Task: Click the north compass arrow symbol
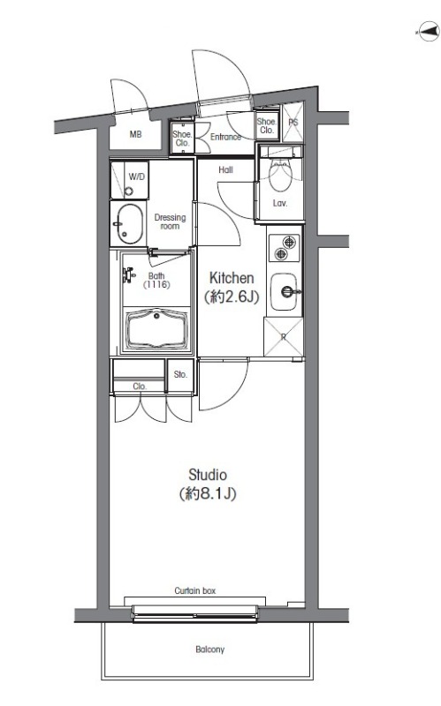(x=427, y=32)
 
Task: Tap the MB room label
(x=136, y=134)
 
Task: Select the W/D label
(x=137, y=176)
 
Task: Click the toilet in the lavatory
(x=280, y=173)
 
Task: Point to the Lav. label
(x=280, y=203)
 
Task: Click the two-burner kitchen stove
(x=285, y=248)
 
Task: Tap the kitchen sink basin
(x=285, y=291)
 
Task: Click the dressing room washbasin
(x=127, y=224)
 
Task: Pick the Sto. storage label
(x=180, y=374)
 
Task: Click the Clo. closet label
(x=140, y=387)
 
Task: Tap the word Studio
(x=208, y=475)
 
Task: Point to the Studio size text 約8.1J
(x=208, y=494)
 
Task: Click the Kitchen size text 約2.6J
(x=232, y=297)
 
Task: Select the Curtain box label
(x=195, y=590)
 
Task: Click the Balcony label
(x=209, y=650)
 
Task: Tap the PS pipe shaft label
(x=293, y=122)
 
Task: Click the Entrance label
(x=225, y=137)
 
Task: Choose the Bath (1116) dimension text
(x=156, y=280)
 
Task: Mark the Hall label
(x=225, y=169)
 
